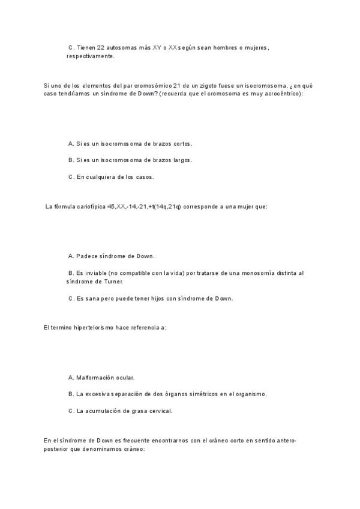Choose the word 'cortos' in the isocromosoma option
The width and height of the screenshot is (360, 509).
pos(182,143)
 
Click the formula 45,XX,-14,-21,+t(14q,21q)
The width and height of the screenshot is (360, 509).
pos(144,206)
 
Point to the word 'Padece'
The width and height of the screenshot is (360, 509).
pos(87,256)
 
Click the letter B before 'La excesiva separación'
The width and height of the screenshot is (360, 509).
pos(70,394)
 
